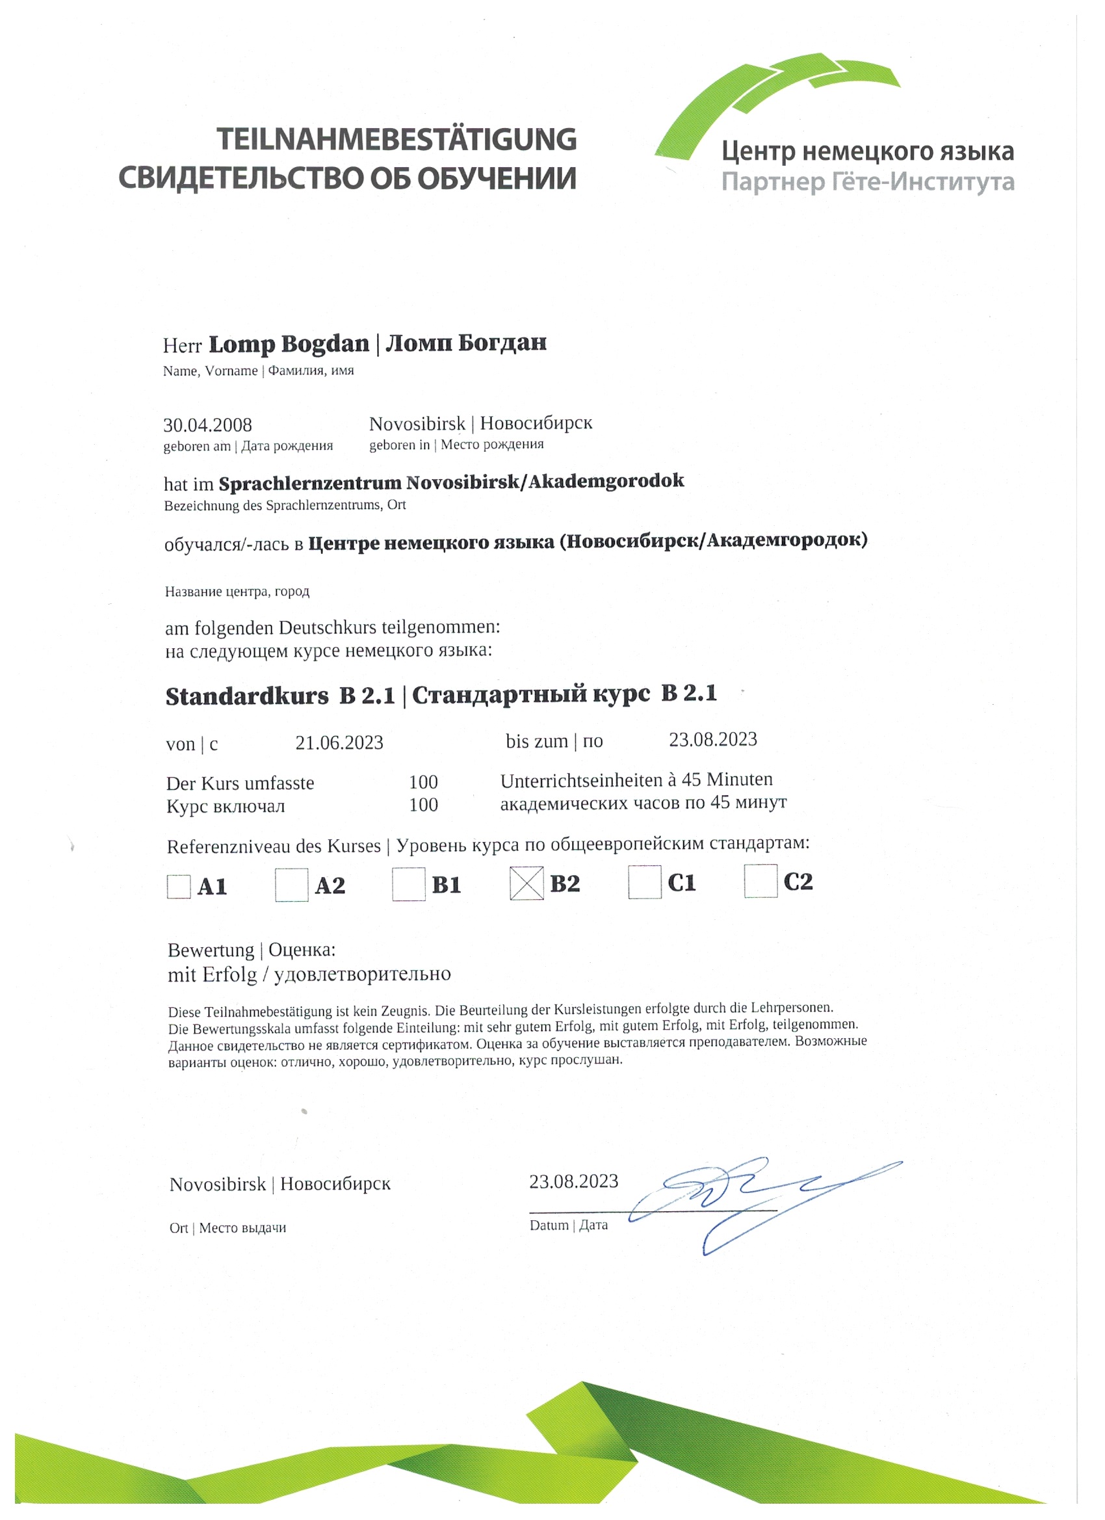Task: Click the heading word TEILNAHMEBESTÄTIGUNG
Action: point(396,139)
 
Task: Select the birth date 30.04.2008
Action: point(208,425)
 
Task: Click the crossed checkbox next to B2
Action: point(526,884)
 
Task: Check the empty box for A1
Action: point(179,886)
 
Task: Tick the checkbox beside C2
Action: point(760,881)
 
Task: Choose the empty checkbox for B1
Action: point(409,884)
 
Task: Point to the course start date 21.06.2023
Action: point(339,742)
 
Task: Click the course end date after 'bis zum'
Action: point(713,739)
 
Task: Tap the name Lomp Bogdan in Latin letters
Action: point(289,344)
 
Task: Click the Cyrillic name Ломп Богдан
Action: point(467,343)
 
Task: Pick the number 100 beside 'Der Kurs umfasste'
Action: point(424,781)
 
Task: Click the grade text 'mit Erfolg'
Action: point(213,975)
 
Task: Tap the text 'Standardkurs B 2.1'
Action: point(280,696)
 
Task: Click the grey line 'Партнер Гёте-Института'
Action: point(868,181)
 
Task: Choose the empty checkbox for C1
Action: point(645,882)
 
